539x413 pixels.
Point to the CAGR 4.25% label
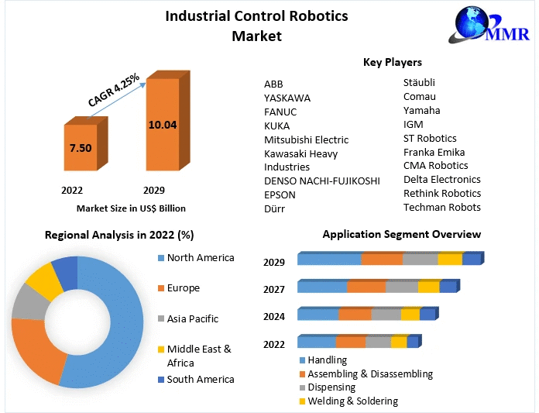[x=114, y=90]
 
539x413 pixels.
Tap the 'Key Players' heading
[x=392, y=62]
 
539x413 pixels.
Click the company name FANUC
[x=280, y=112]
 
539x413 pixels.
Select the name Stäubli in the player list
[x=419, y=82]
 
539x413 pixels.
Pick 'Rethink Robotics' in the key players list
[x=441, y=193]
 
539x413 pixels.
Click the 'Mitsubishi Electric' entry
[x=306, y=139]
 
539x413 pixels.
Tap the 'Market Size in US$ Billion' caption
[x=131, y=208]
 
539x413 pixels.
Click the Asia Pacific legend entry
[x=192, y=318]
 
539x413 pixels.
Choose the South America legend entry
[x=200, y=379]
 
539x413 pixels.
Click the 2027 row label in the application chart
[x=273, y=289]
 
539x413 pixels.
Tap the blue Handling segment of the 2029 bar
[x=329, y=259]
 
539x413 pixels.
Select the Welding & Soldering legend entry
[x=352, y=401]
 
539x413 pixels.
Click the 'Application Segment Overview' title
[x=401, y=234]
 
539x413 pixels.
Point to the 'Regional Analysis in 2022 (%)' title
[x=119, y=234]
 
